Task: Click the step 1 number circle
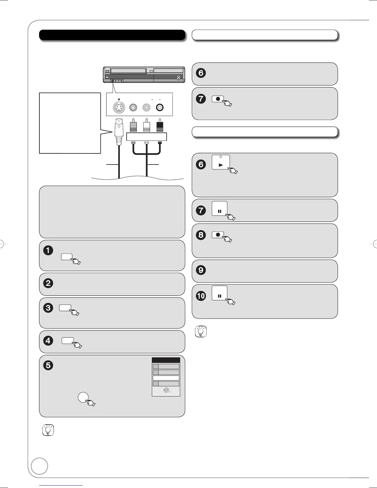click(48, 250)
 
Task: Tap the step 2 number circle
click(48, 283)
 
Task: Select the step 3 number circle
click(48, 308)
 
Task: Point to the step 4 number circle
click(48, 341)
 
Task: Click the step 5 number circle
click(48, 366)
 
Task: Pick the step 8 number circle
click(201, 235)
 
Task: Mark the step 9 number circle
click(201, 270)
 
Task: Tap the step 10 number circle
click(201, 296)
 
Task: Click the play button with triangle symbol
click(221, 162)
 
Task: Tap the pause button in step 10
click(220, 293)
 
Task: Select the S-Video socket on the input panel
click(119, 108)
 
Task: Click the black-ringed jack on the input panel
click(160, 108)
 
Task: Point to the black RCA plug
click(160, 127)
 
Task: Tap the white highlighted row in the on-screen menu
click(166, 378)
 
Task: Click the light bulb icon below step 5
click(48, 430)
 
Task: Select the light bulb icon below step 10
click(201, 331)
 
